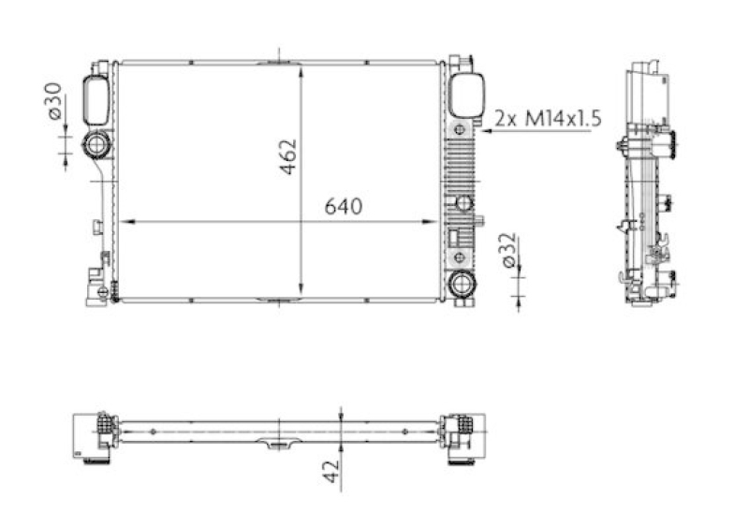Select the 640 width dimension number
pos(342,206)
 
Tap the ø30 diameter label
pos(53,100)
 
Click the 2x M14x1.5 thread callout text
pos(547,118)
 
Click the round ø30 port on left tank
pos(96,145)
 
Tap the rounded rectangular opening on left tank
pos(95,99)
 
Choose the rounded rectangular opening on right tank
pos(464,96)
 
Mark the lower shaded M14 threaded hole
pos(459,257)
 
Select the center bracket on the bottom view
pos(276,444)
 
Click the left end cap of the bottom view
pos(94,436)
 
